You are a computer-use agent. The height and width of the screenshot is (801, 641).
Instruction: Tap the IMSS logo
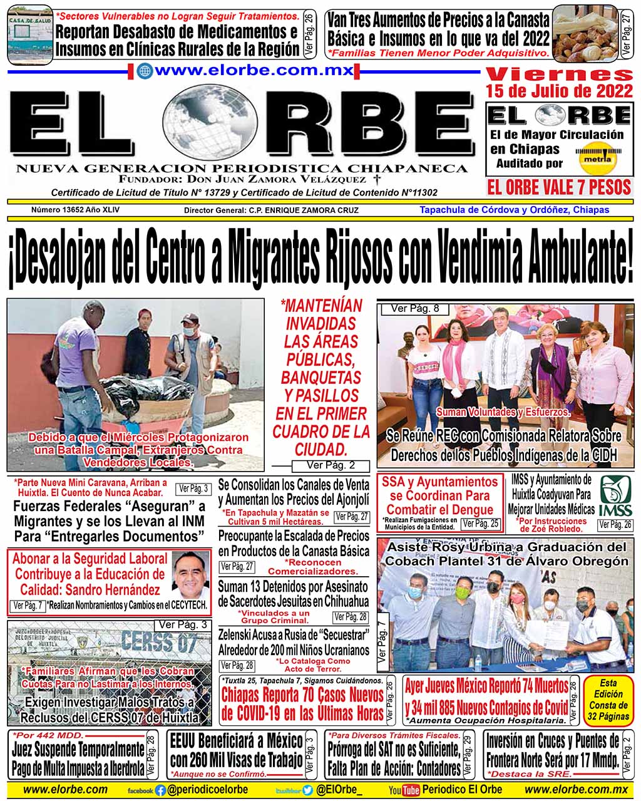[616, 496]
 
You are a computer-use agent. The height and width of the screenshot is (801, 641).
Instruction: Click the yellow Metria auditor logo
[595, 157]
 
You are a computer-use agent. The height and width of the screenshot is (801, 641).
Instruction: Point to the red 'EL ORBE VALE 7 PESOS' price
[559, 187]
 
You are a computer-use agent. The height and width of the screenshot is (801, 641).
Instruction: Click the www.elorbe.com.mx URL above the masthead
[245, 70]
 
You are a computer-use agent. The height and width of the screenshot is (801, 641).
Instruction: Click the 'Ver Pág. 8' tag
[411, 308]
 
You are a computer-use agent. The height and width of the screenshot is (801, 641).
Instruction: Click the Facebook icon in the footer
[161, 790]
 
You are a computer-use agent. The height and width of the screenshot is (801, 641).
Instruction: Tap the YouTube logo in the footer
[404, 790]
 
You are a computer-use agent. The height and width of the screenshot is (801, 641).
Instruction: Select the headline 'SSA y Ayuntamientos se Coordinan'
[439, 495]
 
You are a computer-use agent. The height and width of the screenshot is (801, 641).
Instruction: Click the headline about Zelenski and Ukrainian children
[294, 642]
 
